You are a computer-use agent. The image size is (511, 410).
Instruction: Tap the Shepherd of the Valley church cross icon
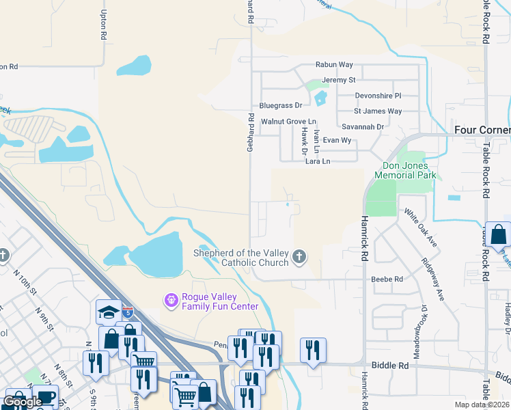(x=299, y=257)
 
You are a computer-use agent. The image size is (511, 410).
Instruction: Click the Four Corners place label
(x=482, y=130)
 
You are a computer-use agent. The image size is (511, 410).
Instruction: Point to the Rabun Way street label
(x=334, y=65)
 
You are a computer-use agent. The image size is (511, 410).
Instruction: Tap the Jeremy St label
(x=340, y=80)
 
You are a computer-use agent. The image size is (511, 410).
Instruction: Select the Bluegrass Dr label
(x=280, y=106)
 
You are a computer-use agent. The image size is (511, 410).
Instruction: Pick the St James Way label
(x=378, y=111)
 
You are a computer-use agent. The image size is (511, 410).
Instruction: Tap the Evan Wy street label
(x=337, y=140)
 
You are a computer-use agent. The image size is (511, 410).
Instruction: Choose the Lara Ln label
(x=318, y=161)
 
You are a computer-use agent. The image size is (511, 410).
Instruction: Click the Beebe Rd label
(x=387, y=279)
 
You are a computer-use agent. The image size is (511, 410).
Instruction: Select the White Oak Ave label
(x=421, y=228)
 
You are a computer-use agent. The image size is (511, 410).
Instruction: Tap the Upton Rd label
(x=105, y=24)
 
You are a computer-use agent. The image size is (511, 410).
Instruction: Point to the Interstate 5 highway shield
(x=128, y=312)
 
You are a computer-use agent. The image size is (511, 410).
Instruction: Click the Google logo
(x=22, y=402)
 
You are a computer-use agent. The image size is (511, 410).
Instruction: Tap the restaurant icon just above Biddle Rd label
(x=313, y=351)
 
